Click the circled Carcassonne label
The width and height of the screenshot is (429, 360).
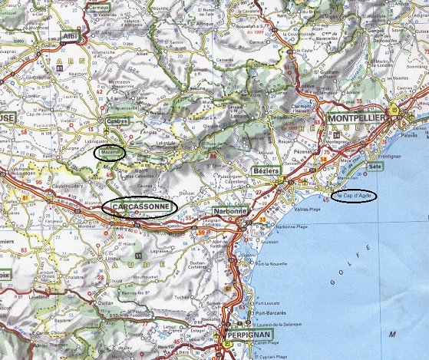tap(139, 207)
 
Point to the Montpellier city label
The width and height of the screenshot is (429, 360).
tap(359, 119)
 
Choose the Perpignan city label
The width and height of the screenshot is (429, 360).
tap(249, 335)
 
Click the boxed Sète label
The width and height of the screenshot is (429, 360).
tap(375, 166)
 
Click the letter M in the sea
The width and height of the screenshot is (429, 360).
tap(391, 335)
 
